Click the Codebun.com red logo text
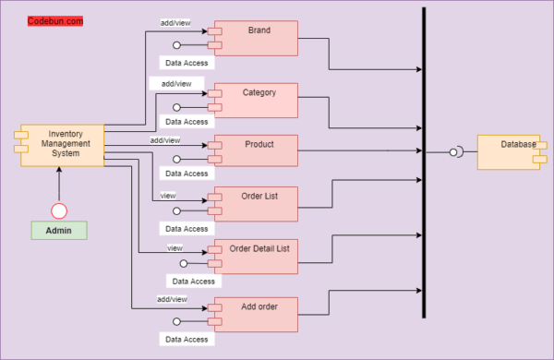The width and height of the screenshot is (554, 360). pyautogui.click(x=55, y=19)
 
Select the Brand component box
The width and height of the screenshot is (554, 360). pyautogui.click(x=259, y=38)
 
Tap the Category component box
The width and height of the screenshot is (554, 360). pyautogui.click(x=259, y=100)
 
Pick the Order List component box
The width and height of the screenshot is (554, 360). pyautogui.click(x=259, y=203)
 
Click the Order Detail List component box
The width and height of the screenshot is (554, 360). pyautogui.click(x=259, y=257)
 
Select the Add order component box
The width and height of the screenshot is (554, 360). pyautogui.click(x=259, y=314)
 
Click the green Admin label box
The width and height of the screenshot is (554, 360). pyautogui.click(x=59, y=231)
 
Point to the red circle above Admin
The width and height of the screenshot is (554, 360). pyautogui.click(x=59, y=210)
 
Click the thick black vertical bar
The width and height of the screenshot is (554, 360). pyautogui.click(x=424, y=162)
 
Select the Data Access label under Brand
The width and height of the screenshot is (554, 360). pyautogui.click(x=186, y=63)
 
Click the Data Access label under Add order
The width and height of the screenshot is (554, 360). pyautogui.click(x=186, y=340)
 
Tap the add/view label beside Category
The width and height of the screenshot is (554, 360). pyautogui.click(x=176, y=84)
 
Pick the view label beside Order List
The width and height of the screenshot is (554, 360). pyautogui.click(x=168, y=196)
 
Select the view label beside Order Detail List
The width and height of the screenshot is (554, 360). pyautogui.click(x=175, y=248)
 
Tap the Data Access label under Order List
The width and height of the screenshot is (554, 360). pyautogui.click(x=186, y=229)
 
